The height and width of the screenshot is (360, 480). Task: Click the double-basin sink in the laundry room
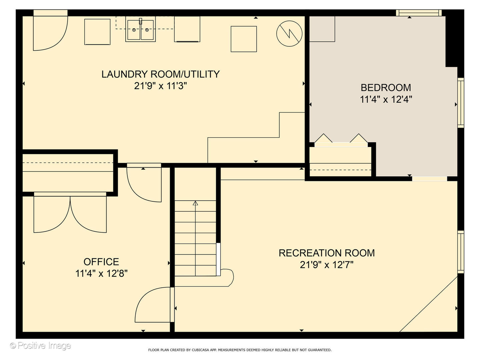point(140,29)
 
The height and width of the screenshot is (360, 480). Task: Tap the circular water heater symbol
point(289,33)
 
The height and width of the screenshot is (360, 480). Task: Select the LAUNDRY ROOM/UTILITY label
point(161,74)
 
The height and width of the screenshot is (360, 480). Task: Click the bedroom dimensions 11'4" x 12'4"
point(386,99)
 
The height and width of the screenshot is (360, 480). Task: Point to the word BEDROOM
point(386,88)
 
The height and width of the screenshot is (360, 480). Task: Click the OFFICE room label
point(101,262)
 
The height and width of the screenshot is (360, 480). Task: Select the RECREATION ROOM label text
point(327,253)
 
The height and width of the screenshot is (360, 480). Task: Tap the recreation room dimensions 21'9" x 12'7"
point(327,265)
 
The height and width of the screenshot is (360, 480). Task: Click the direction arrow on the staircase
point(195,238)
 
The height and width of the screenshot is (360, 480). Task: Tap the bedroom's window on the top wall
point(419,13)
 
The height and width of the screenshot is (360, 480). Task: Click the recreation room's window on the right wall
point(461,252)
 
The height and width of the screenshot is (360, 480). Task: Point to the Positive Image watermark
point(40,346)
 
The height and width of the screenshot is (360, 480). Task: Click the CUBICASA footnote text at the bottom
point(240,350)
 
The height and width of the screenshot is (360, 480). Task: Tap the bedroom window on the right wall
point(461,103)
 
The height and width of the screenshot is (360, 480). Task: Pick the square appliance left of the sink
point(97,32)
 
